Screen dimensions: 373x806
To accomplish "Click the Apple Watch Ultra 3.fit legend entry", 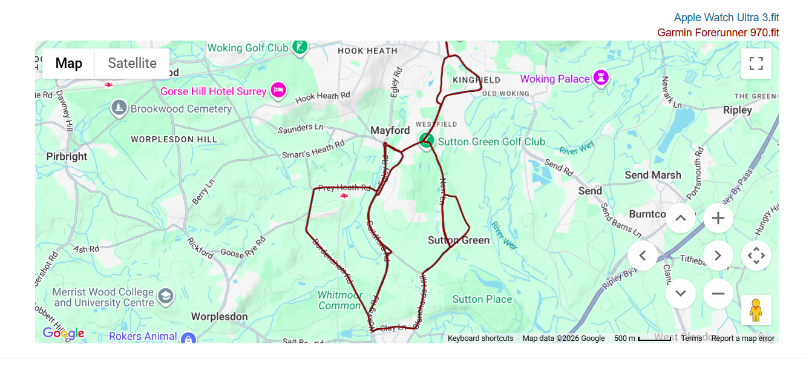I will [726, 18].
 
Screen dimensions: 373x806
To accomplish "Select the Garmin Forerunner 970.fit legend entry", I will [718, 33].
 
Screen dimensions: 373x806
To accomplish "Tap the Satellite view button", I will [132, 63].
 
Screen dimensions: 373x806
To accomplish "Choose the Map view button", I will [68, 63].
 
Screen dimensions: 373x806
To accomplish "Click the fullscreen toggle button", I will [756, 63].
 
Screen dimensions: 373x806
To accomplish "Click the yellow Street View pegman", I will [756, 310].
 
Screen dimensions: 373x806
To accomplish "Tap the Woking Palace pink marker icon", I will [600, 78].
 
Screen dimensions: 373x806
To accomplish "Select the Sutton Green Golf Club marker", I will [427, 140].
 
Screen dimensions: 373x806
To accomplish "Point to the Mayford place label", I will [390, 130].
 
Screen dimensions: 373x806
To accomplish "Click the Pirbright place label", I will [67, 156].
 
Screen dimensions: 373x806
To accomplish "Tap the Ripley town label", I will [738, 110].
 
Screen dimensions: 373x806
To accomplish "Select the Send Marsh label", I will [653, 175].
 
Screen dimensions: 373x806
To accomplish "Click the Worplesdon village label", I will [219, 316].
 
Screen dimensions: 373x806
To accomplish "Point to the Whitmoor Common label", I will [340, 300].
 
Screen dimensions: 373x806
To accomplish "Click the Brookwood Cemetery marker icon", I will [119, 108].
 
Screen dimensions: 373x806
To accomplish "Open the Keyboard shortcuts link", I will [480, 338].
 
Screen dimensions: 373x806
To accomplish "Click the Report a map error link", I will [742, 338].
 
